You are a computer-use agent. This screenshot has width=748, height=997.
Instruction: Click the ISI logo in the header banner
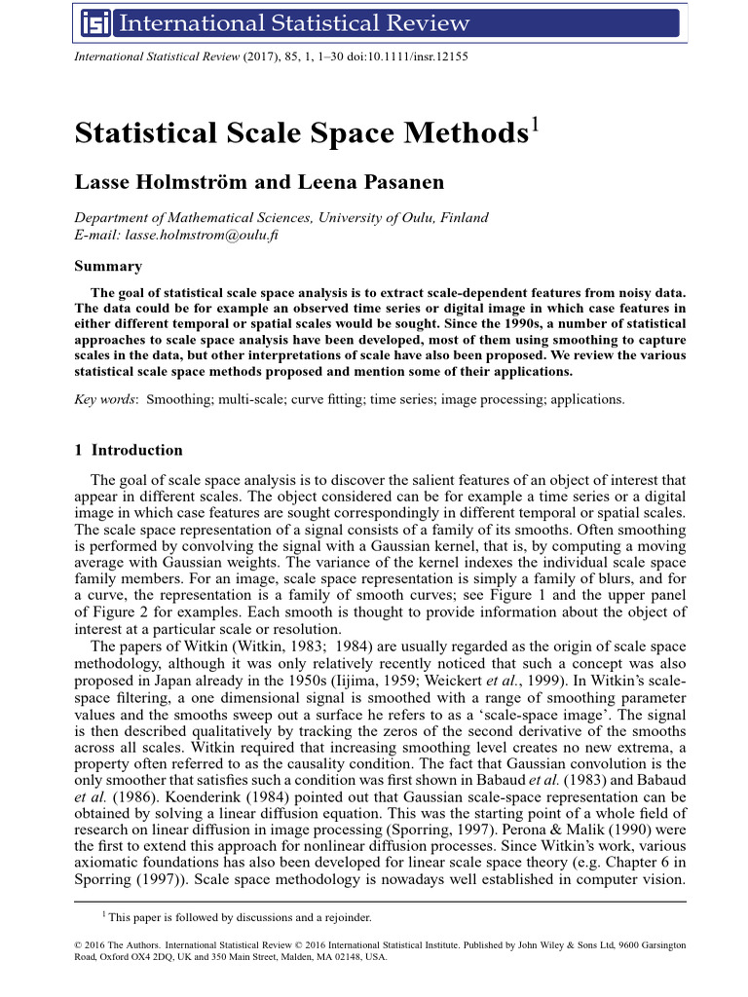pos(94,22)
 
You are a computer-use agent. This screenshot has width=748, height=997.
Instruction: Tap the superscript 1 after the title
pos(532,125)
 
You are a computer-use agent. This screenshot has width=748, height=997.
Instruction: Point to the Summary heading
pos(108,266)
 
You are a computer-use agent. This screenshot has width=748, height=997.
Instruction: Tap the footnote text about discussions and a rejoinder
pos(239,917)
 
